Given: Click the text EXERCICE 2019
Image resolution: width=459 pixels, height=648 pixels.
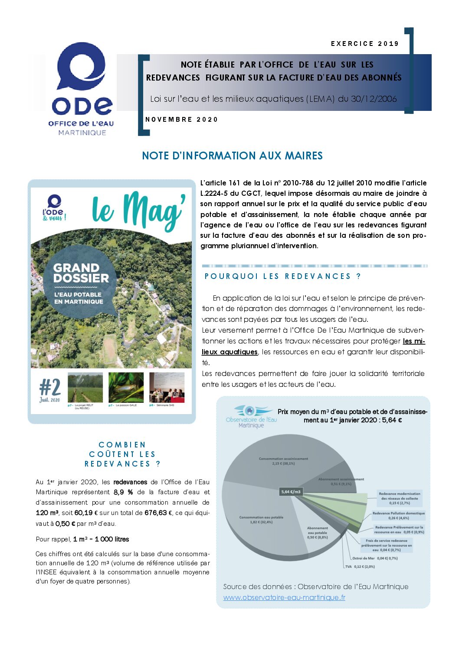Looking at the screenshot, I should click(x=364, y=44).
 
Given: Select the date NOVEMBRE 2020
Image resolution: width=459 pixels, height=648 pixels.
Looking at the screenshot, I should click(x=181, y=120).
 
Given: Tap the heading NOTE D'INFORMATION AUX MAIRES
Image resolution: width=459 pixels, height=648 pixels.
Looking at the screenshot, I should click(x=232, y=156).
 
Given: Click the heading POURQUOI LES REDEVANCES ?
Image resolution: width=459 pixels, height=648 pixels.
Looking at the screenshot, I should click(x=282, y=276).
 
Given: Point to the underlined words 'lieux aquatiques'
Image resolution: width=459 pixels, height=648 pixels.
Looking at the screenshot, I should click(x=229, y=352).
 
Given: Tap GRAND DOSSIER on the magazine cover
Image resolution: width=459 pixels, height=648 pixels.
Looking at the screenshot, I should click(x=81, y=273).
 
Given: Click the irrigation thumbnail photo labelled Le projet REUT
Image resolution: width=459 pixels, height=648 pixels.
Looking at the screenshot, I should click(x=85, y=387).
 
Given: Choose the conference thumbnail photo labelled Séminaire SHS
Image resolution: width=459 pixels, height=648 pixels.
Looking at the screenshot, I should click(x=167, y=387).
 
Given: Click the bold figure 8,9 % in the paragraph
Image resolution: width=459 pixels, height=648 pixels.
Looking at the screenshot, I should click(x=123, y=492).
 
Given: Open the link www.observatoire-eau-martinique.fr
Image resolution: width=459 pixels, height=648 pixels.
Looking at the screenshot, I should click(x=284, y=598).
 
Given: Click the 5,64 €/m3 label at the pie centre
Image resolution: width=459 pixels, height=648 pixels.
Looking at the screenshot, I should click(x=291, y=492).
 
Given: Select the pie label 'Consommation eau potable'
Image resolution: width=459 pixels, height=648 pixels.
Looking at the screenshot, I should click(x=261, y=519).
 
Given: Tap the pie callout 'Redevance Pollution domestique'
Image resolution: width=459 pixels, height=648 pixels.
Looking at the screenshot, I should click(x=398, y=515).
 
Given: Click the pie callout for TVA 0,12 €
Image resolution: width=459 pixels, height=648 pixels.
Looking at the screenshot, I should click(x=360, y=567).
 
